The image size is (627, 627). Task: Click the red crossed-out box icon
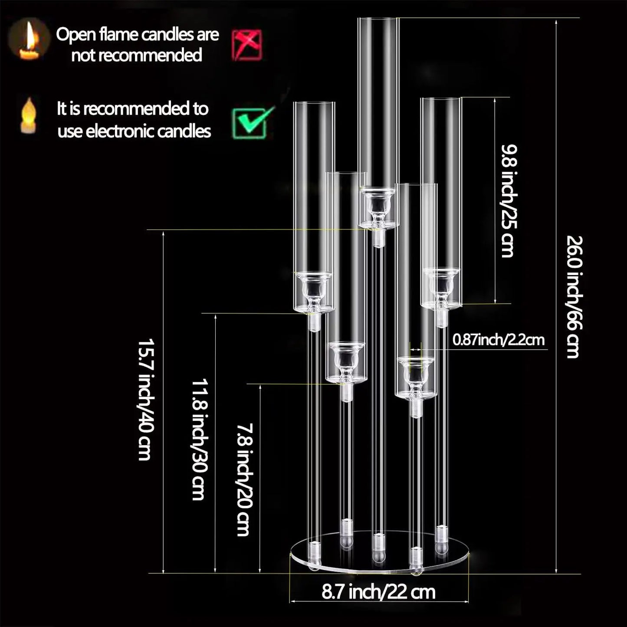(247, 45)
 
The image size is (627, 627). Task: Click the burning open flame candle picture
(29, 39)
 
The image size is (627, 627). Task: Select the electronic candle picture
(28, 115)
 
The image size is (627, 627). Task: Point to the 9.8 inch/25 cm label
(509, 201)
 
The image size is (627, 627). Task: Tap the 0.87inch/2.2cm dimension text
(498, 339)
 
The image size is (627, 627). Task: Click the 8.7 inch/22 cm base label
(378, 592)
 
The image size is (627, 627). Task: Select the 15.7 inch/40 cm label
(145, 399)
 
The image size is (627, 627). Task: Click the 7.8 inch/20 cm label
(244, 479)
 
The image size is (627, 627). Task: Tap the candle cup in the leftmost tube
(314, 289)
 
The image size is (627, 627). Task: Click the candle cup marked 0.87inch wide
(415, 374)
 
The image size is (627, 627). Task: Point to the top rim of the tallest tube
(378, 18)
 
